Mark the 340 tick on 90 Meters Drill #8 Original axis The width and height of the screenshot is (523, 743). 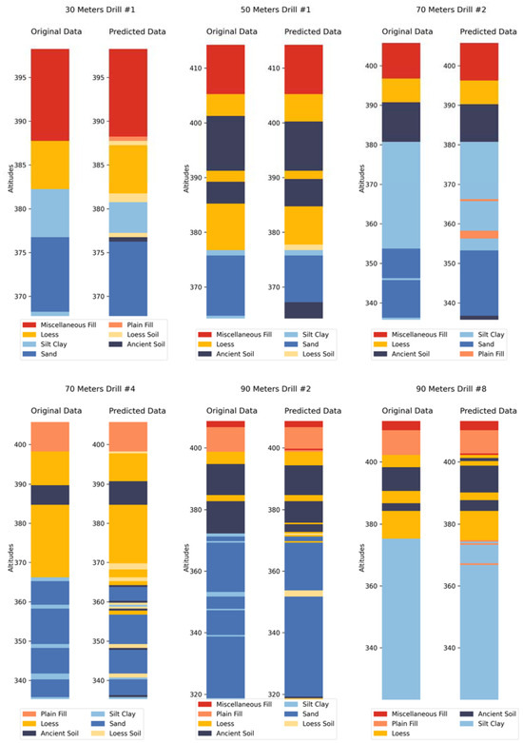point(372,648)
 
